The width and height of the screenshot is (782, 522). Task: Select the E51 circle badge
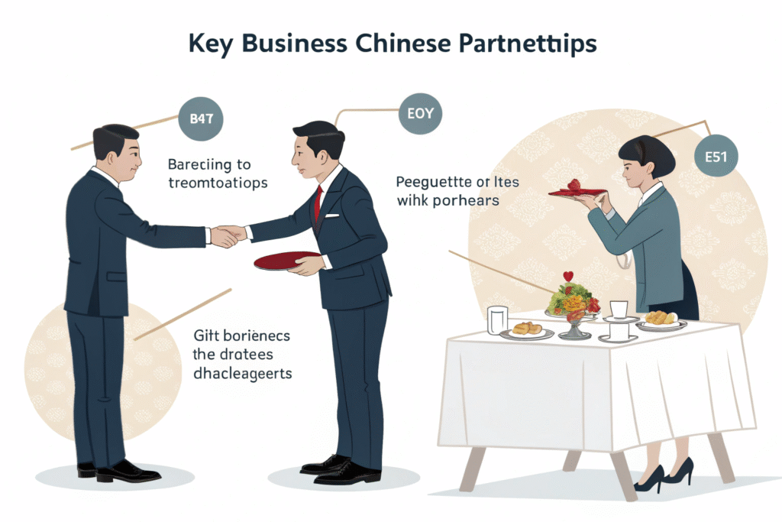click(x=716, y=158)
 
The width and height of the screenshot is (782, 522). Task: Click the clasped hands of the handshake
click(x=227, y=235)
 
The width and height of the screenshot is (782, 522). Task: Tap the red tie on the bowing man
click(x=317, y=203)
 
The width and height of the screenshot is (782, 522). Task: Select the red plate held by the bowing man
click(x=286, y=261)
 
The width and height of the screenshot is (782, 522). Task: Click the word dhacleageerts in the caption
click(x=244, y=374)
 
